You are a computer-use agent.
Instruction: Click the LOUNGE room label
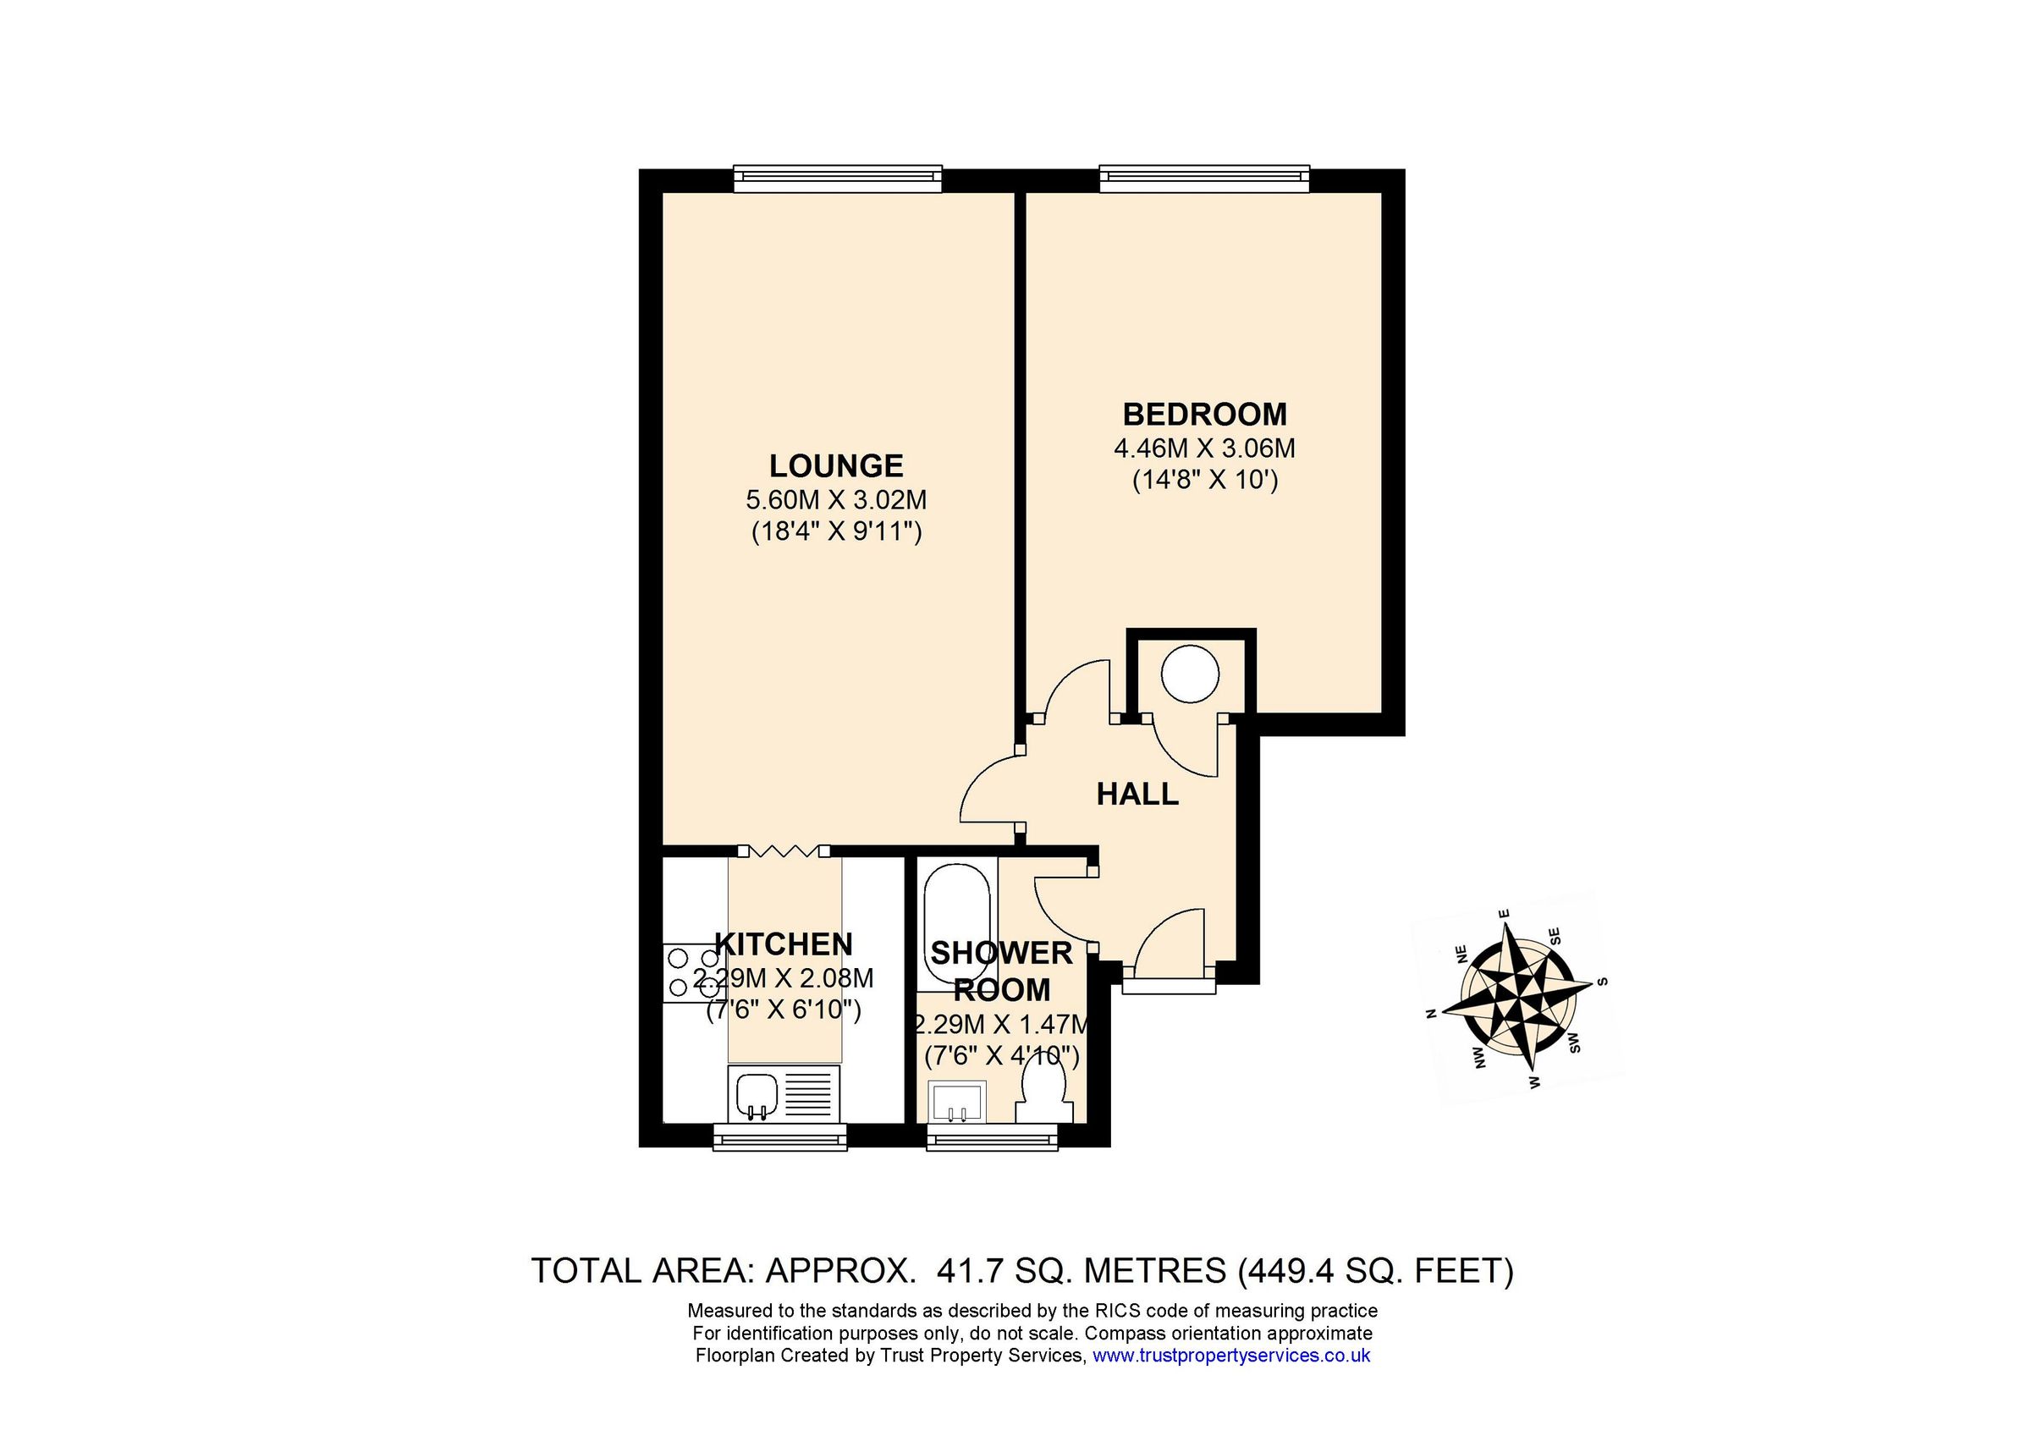point(836,465)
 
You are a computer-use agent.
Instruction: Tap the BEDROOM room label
point(1205,414)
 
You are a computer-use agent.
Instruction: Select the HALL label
point(1137,794)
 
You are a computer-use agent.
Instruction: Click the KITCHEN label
point(784,945)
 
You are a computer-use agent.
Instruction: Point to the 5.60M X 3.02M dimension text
point(836,500)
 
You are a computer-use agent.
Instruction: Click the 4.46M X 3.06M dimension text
point(1205,448)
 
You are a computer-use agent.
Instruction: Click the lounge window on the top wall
point(837,179)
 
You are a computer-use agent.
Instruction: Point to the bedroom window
point(1204,179)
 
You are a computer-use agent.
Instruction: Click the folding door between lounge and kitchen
point(783,850)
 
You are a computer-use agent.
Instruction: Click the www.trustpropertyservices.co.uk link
point(1231,1356)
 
